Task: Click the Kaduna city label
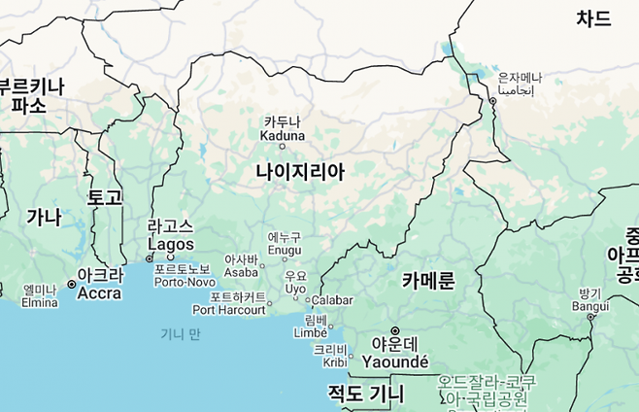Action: click(282, 128)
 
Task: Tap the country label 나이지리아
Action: click(300, 172)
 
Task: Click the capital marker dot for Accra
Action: click(72, 284)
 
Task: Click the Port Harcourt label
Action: click(229, 304)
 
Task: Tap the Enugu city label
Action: click(285, 244)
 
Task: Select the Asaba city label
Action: click(241, 266)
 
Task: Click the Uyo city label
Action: click(295, 283)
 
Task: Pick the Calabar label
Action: click(332, 300)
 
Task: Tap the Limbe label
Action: click(310, 326)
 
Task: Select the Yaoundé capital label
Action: click(394, 360)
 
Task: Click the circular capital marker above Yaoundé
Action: click(395, 331)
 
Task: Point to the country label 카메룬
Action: click(428, 282)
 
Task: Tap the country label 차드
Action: click(593, 18)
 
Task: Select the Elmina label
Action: click(40, 295)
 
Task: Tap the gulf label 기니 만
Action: click(181, 334)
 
